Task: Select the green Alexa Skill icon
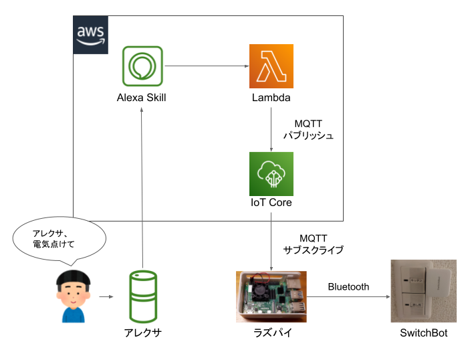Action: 142,66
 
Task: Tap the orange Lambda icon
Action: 271,66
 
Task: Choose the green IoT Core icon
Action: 271,173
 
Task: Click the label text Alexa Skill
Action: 141,98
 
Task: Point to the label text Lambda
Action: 271,98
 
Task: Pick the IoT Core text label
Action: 271,203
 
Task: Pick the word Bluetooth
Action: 348,287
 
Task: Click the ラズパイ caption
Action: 271,333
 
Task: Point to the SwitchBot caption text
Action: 423,333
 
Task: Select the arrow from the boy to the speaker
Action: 106,295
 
